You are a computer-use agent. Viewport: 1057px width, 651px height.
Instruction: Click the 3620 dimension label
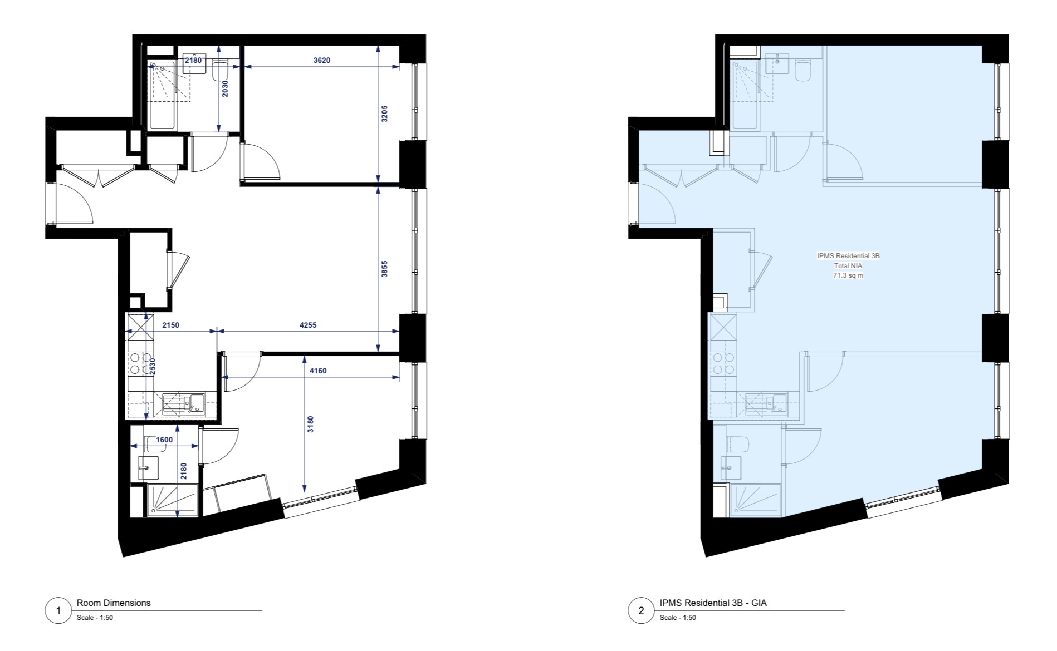tap(321, 60)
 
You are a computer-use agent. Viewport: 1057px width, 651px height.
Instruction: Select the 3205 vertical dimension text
tap(384, 114)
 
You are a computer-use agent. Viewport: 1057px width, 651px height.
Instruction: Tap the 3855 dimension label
tap(384, 269)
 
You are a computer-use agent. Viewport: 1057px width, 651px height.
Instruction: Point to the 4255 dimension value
tap(307, 325)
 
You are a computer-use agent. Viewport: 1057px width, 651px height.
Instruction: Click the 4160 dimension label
tap(317, 371)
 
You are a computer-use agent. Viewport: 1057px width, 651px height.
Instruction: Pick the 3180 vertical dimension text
tap(311, 424)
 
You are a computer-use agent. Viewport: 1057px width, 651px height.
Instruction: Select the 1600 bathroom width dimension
tap(164, 440)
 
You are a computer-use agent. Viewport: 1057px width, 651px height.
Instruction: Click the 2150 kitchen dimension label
tap(170, 325)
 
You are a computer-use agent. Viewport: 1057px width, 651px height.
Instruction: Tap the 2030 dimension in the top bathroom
tap(225, 89)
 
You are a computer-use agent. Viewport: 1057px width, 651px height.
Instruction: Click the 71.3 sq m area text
tap(848, 275)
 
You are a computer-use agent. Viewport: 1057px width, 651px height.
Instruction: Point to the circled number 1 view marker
tap(59, 611)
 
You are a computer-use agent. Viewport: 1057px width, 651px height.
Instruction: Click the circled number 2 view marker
tap(642, 611)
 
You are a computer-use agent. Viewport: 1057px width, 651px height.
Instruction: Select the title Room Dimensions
tap(114, 603)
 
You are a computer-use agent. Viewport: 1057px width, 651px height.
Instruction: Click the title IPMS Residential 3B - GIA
tap(713, 603)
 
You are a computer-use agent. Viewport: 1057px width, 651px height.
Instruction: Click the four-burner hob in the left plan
tap(140, 363)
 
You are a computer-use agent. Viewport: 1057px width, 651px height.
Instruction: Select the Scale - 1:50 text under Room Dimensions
tap(95, 618)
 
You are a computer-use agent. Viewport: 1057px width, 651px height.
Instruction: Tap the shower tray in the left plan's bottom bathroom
tap(172, 500)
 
